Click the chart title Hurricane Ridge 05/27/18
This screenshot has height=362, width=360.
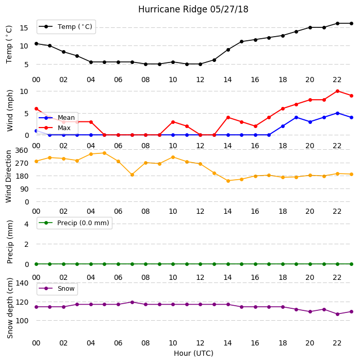point(193,9)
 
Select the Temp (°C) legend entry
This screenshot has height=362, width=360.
point(66,27)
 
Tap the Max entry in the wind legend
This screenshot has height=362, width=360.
point(55,128)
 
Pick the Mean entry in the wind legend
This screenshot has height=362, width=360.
point(57,118)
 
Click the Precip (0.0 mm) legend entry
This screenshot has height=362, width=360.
point(74,223)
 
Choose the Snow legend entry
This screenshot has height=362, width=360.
point(57,289)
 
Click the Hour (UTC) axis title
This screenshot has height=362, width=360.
point(193,353)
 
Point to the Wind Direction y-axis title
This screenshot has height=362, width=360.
point(9,177)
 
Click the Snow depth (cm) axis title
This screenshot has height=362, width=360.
point(10,308)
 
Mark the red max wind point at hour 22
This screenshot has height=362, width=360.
point(338,91)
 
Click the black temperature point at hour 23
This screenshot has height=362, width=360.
point(351,23)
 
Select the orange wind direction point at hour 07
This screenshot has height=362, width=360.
point(132,175)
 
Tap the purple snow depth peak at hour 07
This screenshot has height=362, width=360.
point(132,302)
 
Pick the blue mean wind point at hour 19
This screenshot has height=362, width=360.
point(297,118)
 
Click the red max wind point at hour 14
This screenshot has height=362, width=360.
point(228,118)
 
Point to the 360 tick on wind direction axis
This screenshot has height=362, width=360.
point(22,150)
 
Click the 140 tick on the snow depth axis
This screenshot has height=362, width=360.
point(22,283)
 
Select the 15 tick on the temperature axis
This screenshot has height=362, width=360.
point(24,28)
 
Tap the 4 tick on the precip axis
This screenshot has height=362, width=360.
point(26,224)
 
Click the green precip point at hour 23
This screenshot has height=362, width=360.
point(351,264)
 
